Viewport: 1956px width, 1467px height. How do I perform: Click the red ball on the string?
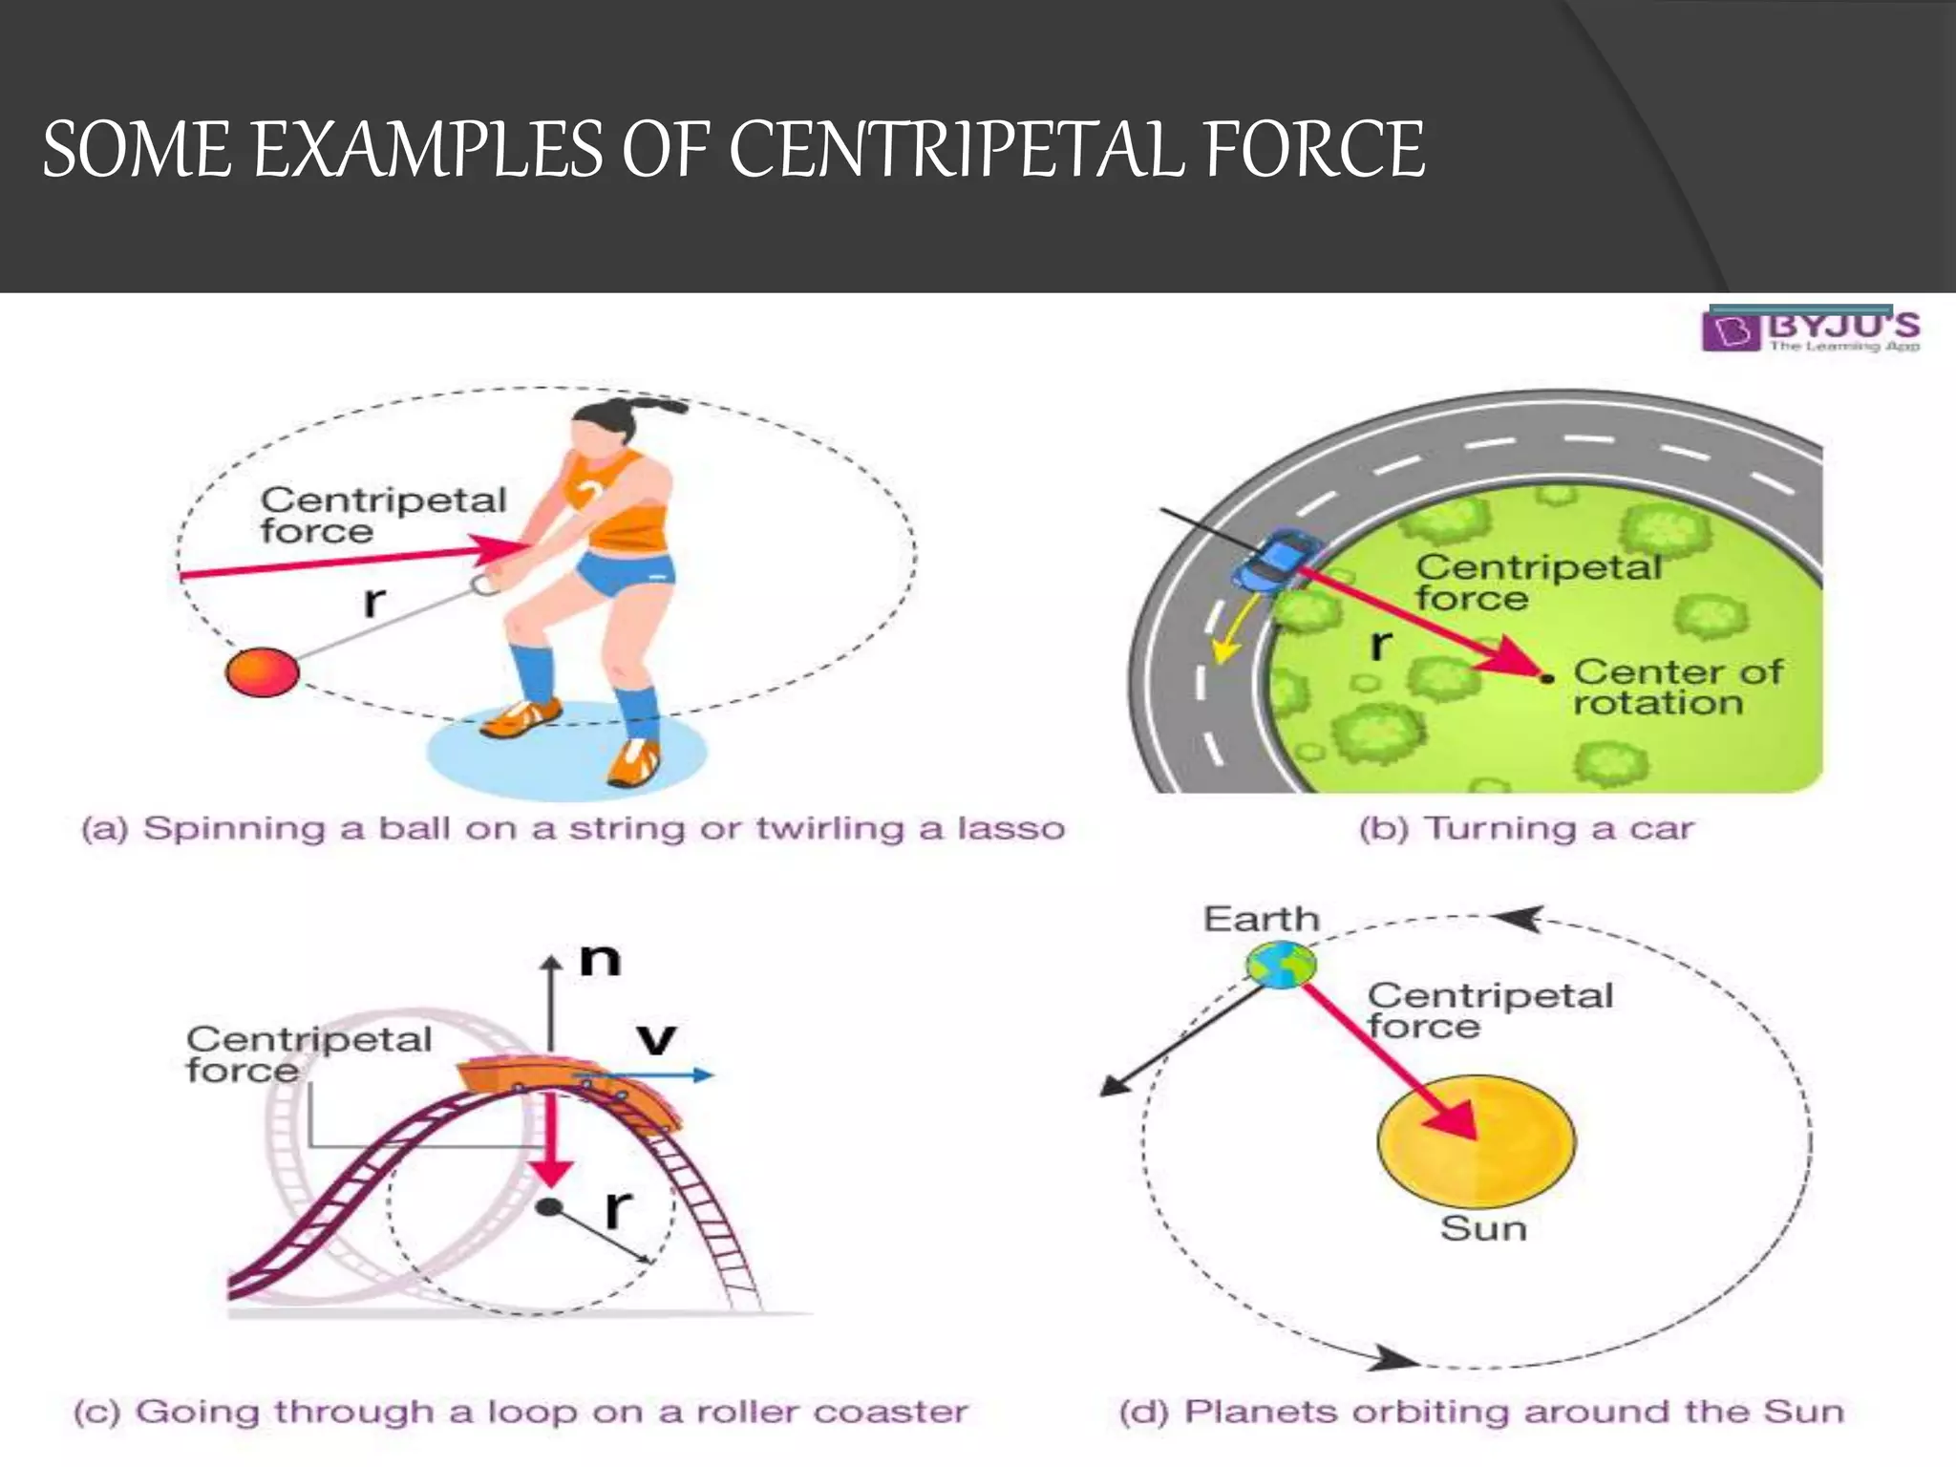[x=262, y=671]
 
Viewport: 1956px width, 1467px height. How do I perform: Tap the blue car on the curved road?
[x=1276, y=563]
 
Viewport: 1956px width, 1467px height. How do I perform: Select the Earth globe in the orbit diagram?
[x=1281, y=964]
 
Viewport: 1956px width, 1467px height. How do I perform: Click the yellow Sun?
[x=1476, y=1140]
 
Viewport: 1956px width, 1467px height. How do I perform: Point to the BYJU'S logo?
[x=1811, y=330]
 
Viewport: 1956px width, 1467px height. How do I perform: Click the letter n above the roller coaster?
[x=601, y=959]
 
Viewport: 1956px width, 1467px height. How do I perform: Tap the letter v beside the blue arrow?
[x=656, y=1039]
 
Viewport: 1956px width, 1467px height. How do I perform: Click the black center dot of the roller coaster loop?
[x=548, y=1207]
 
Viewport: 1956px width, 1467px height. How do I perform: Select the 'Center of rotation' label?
[x=1676, y=687]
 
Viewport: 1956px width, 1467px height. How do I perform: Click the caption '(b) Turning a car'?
[x=1525, y=828]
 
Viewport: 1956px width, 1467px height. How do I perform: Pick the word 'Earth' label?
[x=1261, y=919]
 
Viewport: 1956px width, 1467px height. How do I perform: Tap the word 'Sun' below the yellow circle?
[x=1482, y=1228]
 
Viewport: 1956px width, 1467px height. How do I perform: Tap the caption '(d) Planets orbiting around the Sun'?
[x=1481, y=1412]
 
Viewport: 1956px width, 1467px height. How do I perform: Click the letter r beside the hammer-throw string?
[x=374, y=602]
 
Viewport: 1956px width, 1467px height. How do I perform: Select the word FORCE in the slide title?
[x=1314, y=150]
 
